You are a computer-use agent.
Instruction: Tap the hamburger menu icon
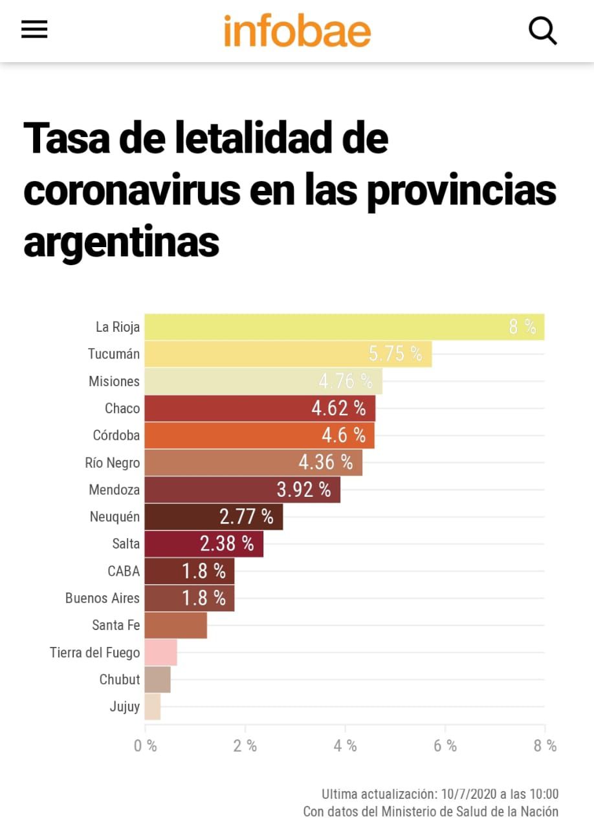point(34,29)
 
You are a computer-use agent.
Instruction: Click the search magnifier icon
point(542,30)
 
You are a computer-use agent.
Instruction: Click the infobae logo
point(297,30)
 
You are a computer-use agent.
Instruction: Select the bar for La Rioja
point(344,327)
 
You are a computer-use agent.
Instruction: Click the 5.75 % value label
point(395,354)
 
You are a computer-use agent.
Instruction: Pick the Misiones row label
point(114,381)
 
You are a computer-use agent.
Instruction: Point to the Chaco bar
point(259,408)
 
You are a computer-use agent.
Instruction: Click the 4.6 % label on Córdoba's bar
point(344,435)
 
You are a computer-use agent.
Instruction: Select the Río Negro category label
point(112,463)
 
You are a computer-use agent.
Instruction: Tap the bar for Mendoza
point(242,490)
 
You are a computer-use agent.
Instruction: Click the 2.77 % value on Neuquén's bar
point(246,517)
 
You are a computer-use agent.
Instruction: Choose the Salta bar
point(204,544)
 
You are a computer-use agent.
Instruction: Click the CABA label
point(124,571)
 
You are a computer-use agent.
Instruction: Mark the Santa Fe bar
point(175,626)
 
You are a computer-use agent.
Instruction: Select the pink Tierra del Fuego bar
point(160,653)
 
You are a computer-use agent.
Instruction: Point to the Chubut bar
point(157,680)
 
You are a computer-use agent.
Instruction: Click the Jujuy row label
point(125,707)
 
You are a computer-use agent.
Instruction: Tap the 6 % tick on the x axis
point(445,746)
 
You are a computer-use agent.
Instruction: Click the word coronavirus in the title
point(133,190)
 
